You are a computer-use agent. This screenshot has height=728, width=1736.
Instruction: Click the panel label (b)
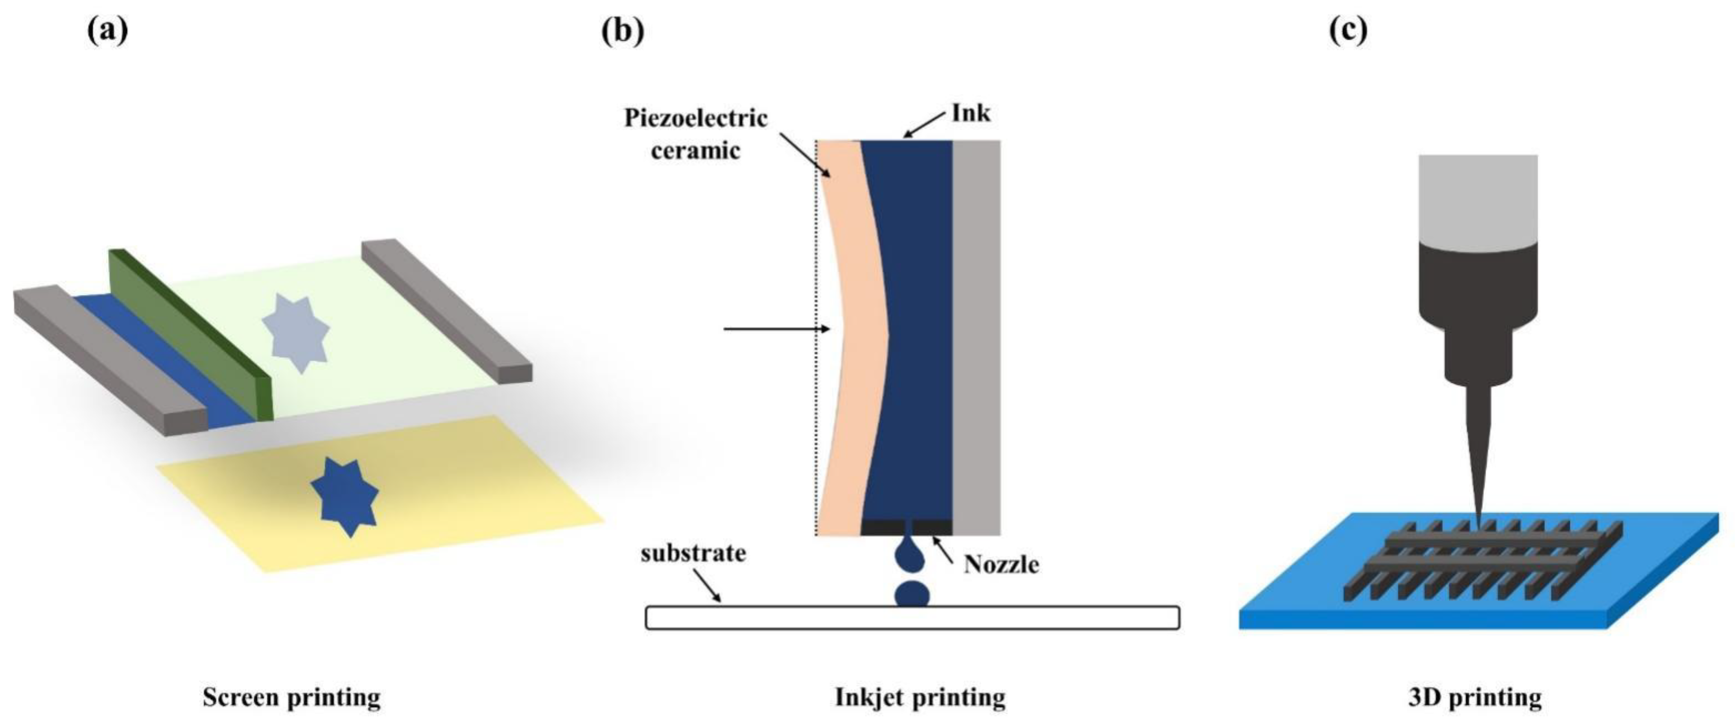[x=622, y=31]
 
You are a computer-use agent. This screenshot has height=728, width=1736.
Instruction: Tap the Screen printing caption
[x=291, y=697]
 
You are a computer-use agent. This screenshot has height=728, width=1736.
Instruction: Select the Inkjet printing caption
[x=920, y=697]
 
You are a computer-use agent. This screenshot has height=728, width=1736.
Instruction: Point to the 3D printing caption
[x=1474, y=697]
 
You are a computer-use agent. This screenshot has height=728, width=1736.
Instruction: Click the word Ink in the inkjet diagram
[x=971, y=113]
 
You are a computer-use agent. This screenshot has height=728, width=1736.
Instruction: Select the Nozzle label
[x=1001, y=565]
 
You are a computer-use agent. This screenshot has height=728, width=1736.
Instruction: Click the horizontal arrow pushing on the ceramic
[x=775, y=329]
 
